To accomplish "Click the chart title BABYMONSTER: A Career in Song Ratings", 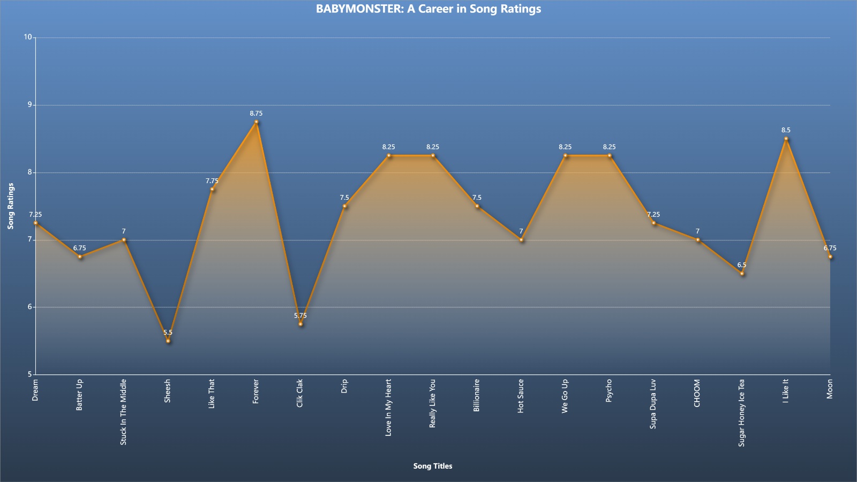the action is pos(428,9).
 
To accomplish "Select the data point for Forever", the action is pos(257,122).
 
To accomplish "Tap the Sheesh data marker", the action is pos(168,341).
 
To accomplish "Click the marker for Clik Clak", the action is pos(300,324).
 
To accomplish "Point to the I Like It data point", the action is pos(786,139).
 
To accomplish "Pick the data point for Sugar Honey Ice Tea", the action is pos(742,274).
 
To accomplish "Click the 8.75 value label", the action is pos(257,113).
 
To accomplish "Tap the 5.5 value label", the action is pos(168,333).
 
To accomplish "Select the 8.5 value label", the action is pos(786,130).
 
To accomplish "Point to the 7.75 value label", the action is pos(212,181).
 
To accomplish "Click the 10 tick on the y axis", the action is pos(28,37).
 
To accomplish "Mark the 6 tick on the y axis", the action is pos(30,307).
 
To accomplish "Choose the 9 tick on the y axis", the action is pos(30,104).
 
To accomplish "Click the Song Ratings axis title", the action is pos(11,206).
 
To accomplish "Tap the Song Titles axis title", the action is pos(433,466).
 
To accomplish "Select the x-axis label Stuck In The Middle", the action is pos(123,412).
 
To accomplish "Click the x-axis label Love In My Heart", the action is pos(388,408).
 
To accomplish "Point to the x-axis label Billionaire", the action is pos(477,396).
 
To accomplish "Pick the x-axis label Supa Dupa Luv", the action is pos(653,404).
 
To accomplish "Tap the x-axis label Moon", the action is pos(830,389).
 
